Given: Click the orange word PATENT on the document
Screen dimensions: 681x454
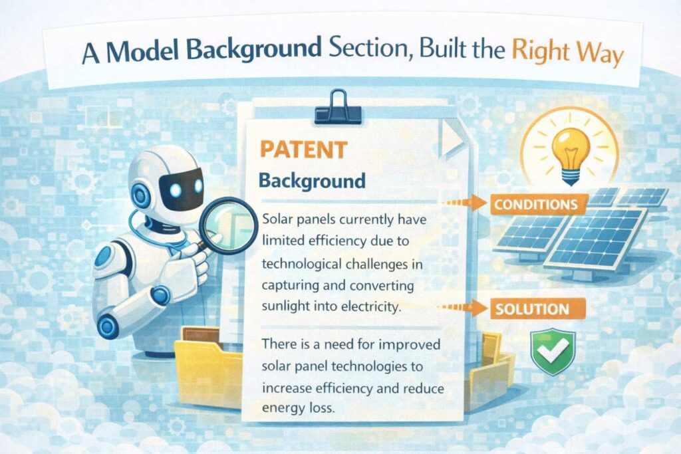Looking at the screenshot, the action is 303,150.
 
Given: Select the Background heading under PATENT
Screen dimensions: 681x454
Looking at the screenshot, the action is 312,181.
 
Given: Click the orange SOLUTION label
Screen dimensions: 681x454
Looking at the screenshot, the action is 533,309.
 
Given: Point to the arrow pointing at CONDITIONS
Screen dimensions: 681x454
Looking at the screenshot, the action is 464,202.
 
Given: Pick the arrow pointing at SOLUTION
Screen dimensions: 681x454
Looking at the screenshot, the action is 462,307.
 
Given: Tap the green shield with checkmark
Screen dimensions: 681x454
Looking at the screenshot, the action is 553,351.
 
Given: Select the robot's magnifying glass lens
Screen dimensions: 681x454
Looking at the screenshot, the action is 229,225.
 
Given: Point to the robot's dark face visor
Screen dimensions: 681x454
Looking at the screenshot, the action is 181,189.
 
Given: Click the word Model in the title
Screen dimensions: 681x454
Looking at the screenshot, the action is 142,51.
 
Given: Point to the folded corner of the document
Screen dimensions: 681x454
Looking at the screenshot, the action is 451,138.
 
